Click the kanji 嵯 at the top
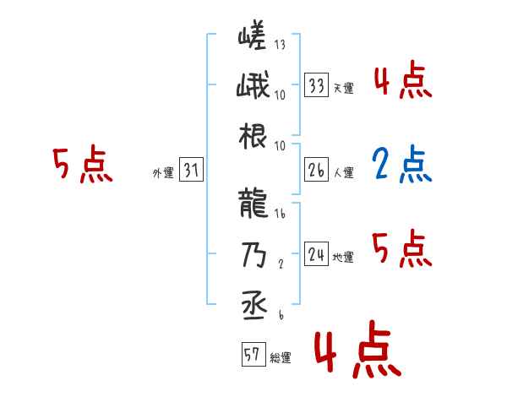point(252,37)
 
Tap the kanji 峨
point(252,86)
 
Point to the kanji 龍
point(252,204)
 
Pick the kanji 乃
point(252,253)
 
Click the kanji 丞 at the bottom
point(252,303)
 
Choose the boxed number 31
point(191,171)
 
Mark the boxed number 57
point(252,355)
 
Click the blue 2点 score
point(403,166)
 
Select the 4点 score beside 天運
point(403,82)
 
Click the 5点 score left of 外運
point(83,166)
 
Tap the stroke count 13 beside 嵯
point(281,45)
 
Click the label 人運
point(344,173)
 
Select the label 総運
point(281,358)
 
